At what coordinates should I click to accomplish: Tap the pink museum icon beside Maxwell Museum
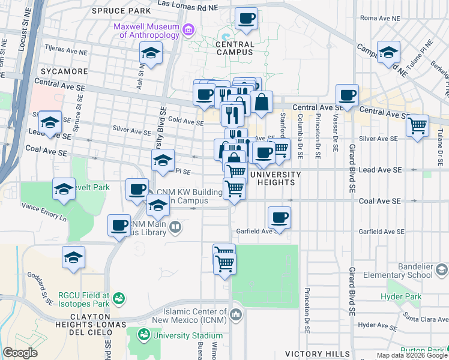[x=188, y=29]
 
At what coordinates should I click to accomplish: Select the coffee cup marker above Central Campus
[x=246, y=19]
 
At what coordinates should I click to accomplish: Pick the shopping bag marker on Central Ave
[x=262, y=103]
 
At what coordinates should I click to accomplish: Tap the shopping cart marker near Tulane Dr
[x=417, y=127]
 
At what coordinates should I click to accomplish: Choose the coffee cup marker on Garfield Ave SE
[x=279, y=218]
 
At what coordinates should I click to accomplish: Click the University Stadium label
[x=181, y=335]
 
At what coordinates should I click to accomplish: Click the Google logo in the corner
[x=20, y=353]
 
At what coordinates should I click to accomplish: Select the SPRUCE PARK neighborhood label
[x=121, y=11]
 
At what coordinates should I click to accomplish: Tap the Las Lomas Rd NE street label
[x=187, y=4]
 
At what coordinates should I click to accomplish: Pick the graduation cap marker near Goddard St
[x=74, y=257]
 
